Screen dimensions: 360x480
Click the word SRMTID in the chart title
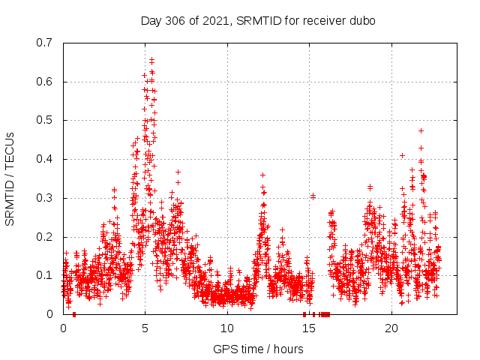(256, 20)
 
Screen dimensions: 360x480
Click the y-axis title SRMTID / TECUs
(10, 178)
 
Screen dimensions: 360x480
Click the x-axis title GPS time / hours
(258, 349)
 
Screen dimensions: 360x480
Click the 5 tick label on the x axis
(145, 328)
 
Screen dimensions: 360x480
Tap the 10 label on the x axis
(227, 328)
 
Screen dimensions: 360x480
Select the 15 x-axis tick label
(309, 328)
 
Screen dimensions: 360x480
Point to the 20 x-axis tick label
(391, 328)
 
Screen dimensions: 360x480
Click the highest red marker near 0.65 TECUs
(151, 59)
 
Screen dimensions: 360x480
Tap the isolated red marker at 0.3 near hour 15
(313, 196)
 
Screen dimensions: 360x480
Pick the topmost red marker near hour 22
(421, 130)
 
